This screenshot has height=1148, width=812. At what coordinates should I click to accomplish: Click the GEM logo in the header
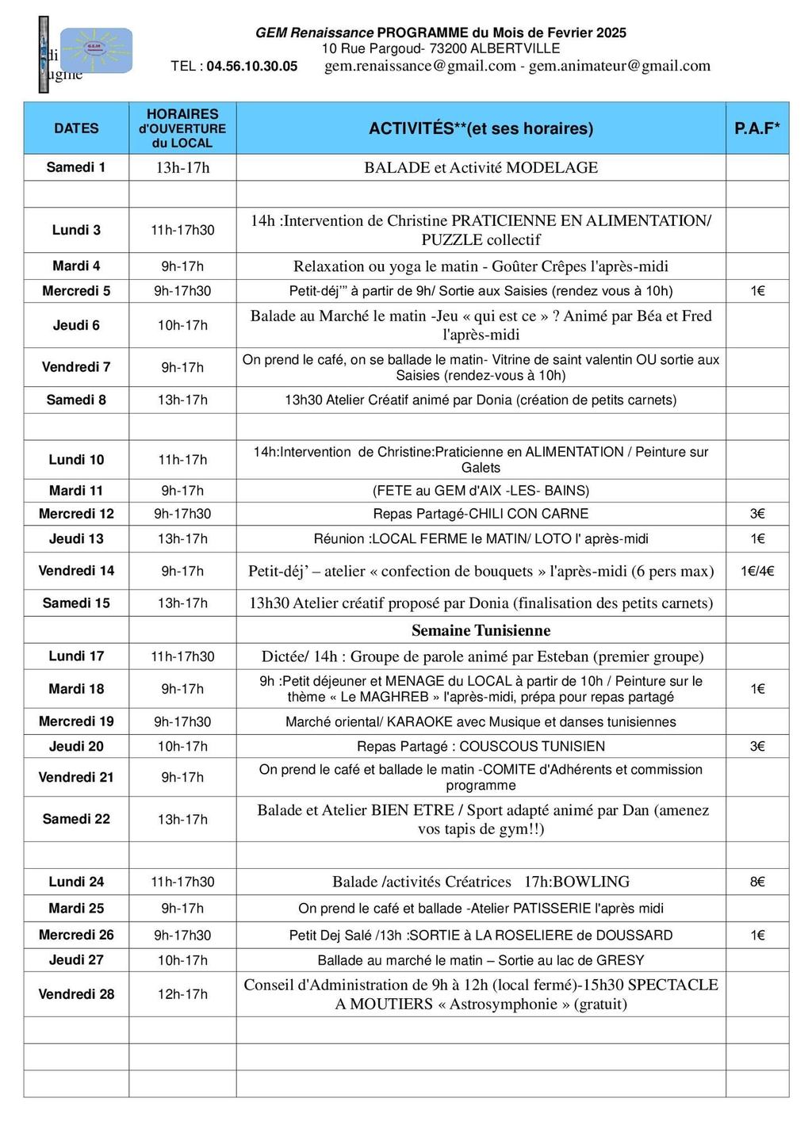pos(96,50)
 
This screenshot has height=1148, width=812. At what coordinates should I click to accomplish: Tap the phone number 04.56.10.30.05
pos(251,67)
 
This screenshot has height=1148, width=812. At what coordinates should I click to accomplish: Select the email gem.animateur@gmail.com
pos(619,66)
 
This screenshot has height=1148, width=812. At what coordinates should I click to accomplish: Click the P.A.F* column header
pos(756,128)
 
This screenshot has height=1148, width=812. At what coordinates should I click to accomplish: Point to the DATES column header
pos(76,128)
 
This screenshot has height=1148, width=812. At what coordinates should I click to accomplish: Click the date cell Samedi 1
pos(76,167)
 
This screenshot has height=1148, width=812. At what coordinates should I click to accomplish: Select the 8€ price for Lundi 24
pos(756,882)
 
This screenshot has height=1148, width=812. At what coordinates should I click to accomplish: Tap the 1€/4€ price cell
pos(756,571)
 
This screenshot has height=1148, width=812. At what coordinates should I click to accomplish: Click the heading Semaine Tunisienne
pos(481,630)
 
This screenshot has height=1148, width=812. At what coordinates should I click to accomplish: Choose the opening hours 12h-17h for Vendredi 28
pos(182,994)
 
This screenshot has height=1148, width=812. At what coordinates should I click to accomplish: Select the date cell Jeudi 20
pos(76,746)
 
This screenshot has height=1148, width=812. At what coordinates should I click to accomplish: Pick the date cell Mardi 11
pos(76,491)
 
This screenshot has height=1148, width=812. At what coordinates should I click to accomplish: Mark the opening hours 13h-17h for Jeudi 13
pos(182,539)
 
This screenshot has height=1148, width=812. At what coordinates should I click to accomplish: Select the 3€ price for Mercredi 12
pos(756,514)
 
